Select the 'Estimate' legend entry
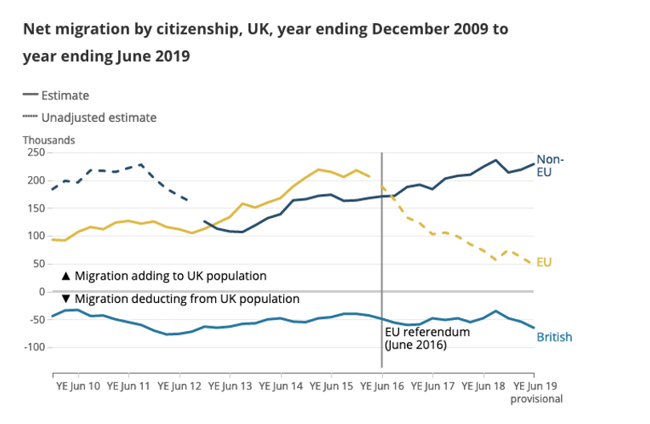[x=65, y=95]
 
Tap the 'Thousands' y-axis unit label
[x=49, y=140]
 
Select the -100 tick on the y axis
[x=32, y=347]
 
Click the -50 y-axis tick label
[x=35, y=320]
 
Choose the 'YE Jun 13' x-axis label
[x=230, y=386]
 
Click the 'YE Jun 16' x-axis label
[x=382, y=386]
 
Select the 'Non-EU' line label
[x=550, y=165]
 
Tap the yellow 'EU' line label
[x=544, y=262]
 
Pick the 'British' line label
[x=555, y=337]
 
